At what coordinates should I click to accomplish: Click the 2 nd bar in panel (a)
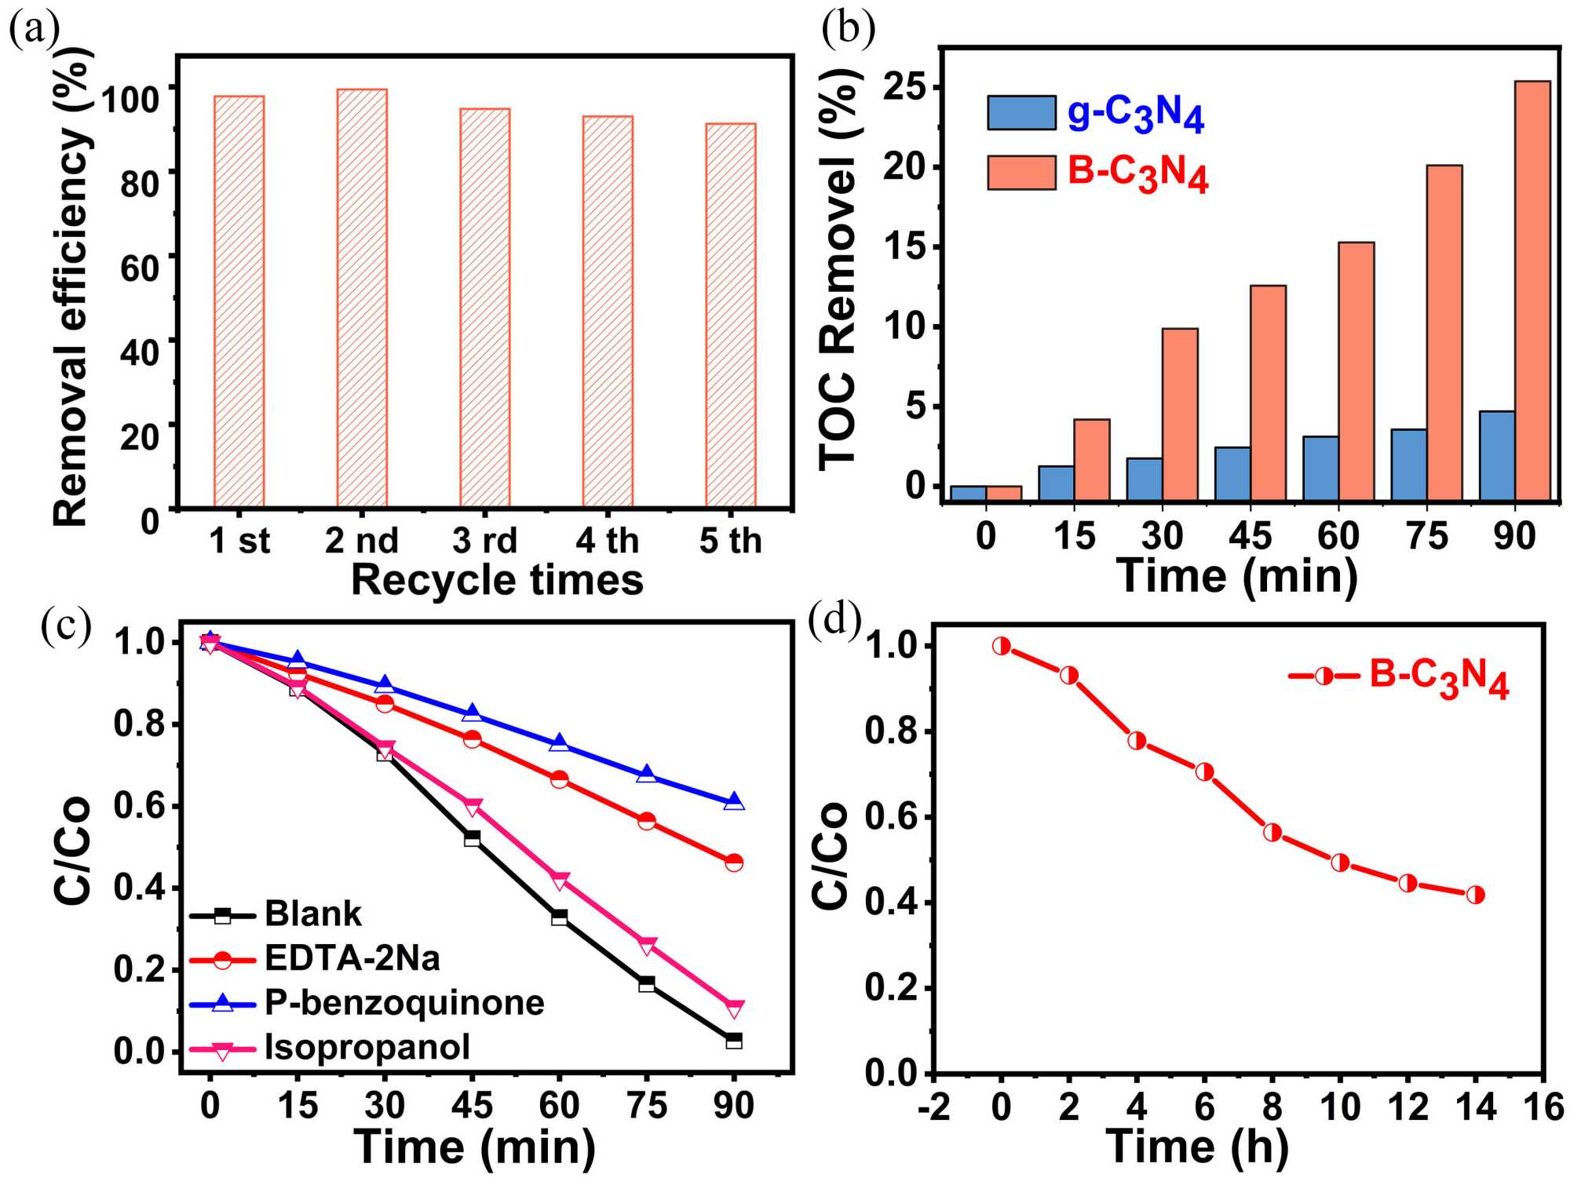tap(362, 298)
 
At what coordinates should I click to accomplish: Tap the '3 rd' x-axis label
tap(484, 541)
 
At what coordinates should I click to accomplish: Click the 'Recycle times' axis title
tap(497, 581)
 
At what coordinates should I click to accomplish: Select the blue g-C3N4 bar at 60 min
tap(1320, 468)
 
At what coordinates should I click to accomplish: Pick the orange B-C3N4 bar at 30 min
tap(1180, 414)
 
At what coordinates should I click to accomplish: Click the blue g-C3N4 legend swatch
tap(1021, 113)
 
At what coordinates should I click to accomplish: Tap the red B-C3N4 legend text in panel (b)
tap(1137, 173)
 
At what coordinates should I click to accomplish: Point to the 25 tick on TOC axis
tap(905, 86)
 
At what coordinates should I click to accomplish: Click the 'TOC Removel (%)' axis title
tap(838, 271)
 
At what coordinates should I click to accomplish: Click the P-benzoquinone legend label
tap(404, 1003)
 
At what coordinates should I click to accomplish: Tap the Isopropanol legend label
tap(367, 1048)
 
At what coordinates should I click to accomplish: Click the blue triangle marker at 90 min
tap(734, 801)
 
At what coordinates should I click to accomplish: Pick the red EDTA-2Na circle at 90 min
tap(734, 863)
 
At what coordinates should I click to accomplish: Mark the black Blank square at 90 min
tap(734, 1041)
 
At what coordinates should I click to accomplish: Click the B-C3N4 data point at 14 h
tap(1475, 895)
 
